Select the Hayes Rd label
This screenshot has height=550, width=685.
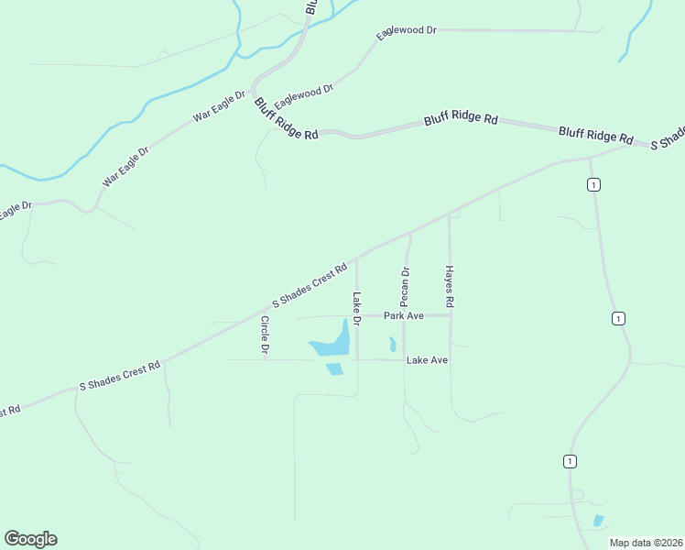pyautogui.click(x=450, y=285)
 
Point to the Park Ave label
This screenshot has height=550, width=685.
pyautogui.click(x=404, y=315)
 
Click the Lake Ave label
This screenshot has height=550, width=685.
pyautogui.click(x=427, y=360)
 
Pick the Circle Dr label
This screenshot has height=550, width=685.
pyautogui.click(x=265, y=335)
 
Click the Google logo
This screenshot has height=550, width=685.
pyautogui.click(x=30, y=539)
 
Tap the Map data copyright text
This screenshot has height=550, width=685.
pyautogui.click(x=647, y=543)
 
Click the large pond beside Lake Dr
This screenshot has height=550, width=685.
pyautogui.click(x=333, y=342)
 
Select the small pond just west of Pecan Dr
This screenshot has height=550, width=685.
pyautogui.click(x=392, y=345)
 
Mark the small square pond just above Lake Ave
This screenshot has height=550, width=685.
pyautogui.click(x=334, y=368)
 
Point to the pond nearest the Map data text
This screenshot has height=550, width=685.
pyautogui.click(x=599, y=521)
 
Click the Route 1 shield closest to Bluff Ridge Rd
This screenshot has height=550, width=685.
pyautogui.click(x=594, y=185)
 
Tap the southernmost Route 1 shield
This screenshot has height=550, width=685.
pyautogui.click(x=570, y=460)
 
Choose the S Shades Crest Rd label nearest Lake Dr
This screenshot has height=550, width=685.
pyautogui.click(x=310, y=285)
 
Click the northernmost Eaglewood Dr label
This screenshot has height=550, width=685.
pyautogui.click(x=407, y=31)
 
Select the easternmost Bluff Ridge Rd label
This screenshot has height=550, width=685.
pyautogui.click(x=596, y=135)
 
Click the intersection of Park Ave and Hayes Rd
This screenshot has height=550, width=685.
pyautogui.click(x=450, y=315)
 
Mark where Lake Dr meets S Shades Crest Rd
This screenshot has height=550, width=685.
pyautogui.click(x=357, y=256)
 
